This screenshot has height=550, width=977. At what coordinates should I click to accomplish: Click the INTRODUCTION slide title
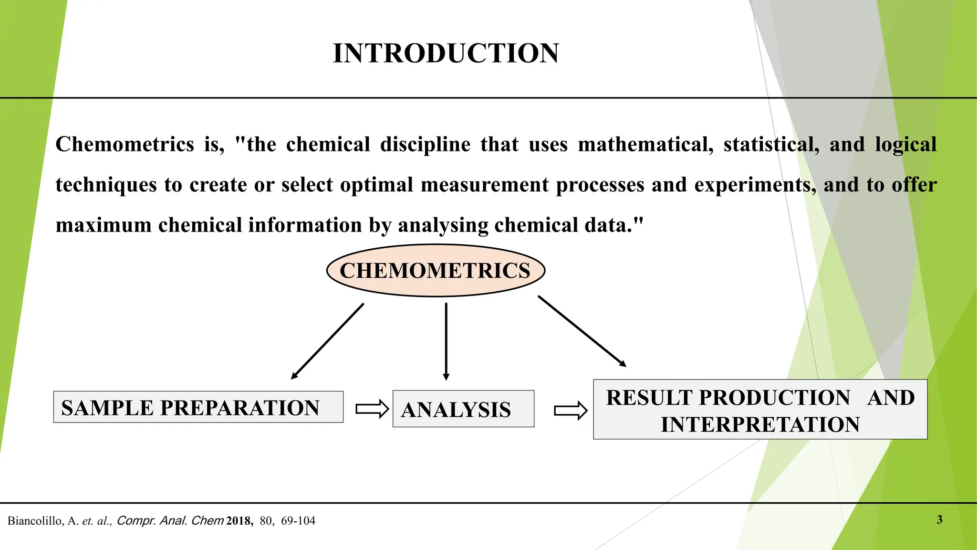446,53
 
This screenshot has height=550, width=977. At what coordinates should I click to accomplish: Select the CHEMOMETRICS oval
435,271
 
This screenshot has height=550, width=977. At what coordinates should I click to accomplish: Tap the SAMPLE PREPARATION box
198,407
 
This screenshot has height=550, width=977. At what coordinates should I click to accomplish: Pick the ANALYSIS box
463,409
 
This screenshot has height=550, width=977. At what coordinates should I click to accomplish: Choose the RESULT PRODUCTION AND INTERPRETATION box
760,410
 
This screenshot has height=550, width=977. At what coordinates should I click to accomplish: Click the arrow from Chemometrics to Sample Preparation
327,341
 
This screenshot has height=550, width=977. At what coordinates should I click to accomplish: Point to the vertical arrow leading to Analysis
446,341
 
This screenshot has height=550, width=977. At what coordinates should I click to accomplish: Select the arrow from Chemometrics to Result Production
582,331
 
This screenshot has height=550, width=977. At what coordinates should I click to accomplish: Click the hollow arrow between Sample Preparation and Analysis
372,409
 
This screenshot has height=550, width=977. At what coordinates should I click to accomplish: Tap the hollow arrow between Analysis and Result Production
571,411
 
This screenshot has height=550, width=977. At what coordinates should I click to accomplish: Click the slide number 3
939,519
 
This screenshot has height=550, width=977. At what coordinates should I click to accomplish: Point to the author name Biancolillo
35,521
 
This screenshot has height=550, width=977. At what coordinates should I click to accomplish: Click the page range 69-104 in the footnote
298,521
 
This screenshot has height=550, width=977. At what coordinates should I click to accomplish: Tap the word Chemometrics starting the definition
125,145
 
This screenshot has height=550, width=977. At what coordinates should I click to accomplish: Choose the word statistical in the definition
771,145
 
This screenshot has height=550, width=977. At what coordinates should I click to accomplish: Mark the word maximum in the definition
103,225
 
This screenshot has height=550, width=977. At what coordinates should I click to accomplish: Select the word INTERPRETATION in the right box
760,424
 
